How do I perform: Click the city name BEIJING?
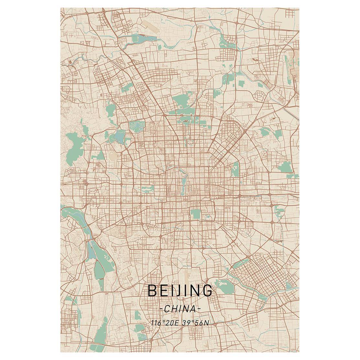(180, 290)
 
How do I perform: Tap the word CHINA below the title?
(180, 309)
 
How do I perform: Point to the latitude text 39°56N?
(194, 322)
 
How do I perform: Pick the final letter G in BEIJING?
(208, 290)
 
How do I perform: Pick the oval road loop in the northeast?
(260, 95)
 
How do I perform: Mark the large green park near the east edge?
(285, 167)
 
